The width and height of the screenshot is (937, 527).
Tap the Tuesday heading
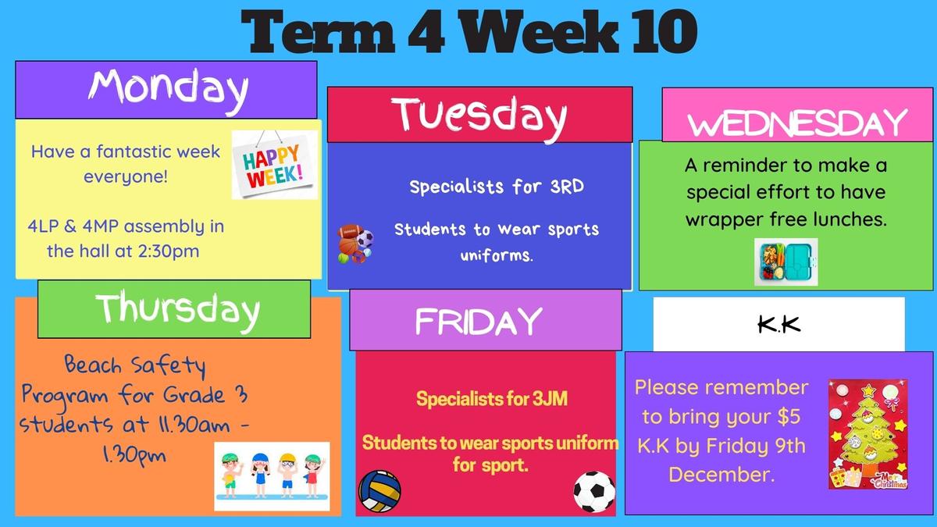[479, 117]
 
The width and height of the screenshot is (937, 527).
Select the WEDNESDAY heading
[797, 123]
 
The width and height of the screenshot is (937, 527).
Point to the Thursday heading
[177, 311]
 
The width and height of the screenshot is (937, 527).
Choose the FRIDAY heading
[479, 321]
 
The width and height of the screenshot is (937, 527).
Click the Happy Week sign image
[274, 165]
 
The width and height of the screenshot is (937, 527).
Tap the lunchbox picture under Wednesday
[786, 262]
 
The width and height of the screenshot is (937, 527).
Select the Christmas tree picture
[868, 434]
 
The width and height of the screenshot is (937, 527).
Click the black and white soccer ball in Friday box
[594, 492]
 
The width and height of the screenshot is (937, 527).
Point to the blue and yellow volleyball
[379, 491]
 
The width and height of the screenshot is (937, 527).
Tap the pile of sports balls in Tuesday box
[355, 244]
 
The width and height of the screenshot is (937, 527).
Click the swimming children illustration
[272, 476]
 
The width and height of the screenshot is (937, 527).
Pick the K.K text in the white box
[779, 325]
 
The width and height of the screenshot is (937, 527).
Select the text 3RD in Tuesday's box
[567, 187]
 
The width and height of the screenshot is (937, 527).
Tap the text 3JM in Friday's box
[550, 399]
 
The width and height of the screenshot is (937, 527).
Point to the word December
[721, 475]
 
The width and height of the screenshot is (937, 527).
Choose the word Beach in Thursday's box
[93, 365]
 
